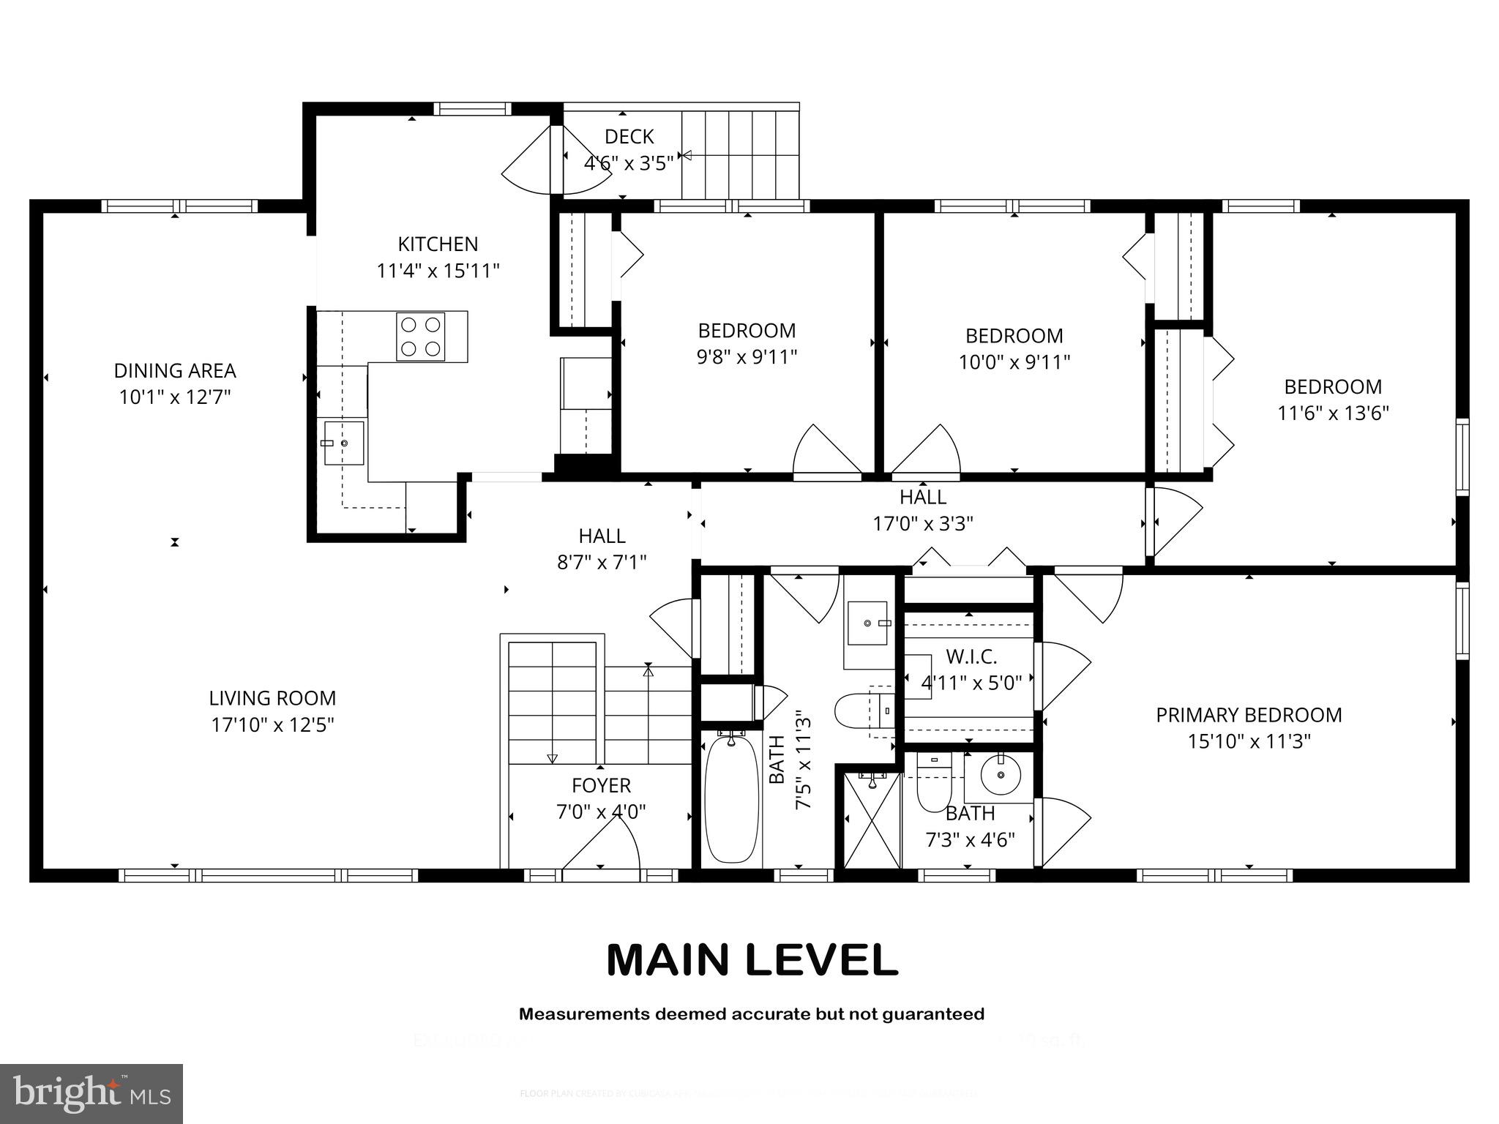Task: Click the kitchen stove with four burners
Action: (x=420, y=337)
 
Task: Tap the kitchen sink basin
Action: (x=343, y=443)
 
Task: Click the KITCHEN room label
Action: (x=438, y=244)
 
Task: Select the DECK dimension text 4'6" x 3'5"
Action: (x=628, y=163)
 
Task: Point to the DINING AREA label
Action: (x=175, y=370)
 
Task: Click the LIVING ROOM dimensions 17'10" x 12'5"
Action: (x=272, y=725)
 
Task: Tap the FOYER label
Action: (x=601, y=785)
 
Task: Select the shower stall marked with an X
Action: (x=871, y=820)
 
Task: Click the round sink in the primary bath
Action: (x=999, y=776)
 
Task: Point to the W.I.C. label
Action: (x=971, y=656)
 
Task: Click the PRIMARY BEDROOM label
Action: (x=1249, y=715)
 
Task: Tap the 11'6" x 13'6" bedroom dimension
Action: (x=1333, y=413)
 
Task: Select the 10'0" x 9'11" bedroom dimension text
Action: (x=1014, y=362)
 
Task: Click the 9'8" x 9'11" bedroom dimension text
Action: (x=747, y=357)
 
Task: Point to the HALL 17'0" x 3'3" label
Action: (x=923, y=510)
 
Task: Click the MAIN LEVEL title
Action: (x=752, y=960)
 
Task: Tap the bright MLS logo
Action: (x=91, y=1093)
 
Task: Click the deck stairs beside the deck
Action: (x=739, y=154)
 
